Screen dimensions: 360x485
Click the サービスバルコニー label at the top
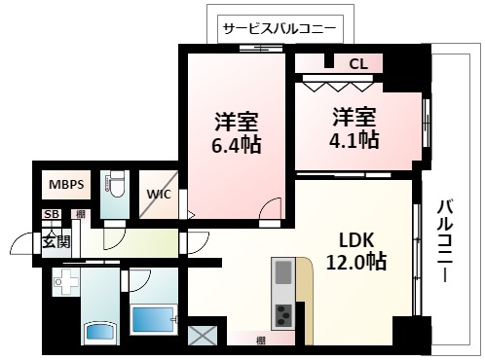coord(279,28)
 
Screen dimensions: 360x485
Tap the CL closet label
coord(357,64)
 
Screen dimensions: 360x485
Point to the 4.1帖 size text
coord(354,139)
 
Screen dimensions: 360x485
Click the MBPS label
coord(66,182)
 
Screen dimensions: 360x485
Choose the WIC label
coord(159,193)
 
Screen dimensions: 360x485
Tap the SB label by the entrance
coord(49,214)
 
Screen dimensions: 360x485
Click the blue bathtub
coord(152,319)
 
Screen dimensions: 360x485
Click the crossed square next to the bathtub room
coord(205,336)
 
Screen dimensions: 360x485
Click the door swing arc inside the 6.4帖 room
coord(273,208)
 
